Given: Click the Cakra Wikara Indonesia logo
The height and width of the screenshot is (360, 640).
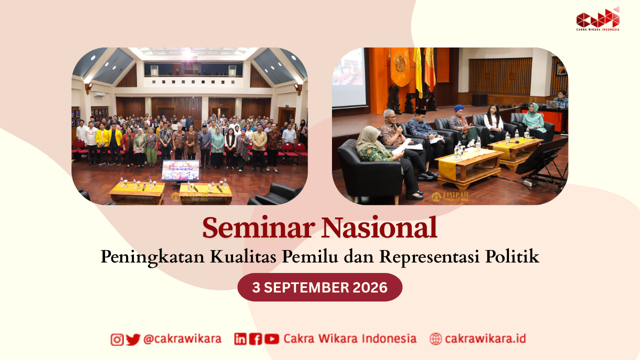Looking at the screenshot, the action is coord(597,19).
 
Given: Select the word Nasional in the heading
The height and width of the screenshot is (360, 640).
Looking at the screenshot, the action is coord(379,227).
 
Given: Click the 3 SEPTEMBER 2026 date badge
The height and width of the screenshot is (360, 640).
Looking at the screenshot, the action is coord(319,287).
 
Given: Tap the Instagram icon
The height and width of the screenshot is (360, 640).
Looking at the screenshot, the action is coord(117,339).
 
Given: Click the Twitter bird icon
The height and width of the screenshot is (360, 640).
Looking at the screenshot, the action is coord(133,339).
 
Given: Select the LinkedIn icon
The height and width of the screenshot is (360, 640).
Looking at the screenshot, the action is coord(240,339).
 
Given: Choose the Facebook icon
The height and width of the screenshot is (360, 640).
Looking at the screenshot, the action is coord(255,339).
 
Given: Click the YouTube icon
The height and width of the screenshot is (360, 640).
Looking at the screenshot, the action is coord(271,339).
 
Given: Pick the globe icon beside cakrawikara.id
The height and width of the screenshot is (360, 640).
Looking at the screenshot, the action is coord(435,339).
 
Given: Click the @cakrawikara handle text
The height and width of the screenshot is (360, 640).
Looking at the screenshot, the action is coord(182,339).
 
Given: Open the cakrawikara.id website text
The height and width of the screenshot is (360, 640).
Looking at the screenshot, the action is coord(485,339).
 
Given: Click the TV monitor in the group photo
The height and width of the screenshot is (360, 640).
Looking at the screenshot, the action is coord(180,170).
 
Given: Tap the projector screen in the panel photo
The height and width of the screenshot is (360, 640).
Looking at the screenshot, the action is coord(349,77).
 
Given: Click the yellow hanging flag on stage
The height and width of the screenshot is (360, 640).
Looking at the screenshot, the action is coord(417,71).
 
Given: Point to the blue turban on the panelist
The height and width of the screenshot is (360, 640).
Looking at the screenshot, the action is coord(459,108).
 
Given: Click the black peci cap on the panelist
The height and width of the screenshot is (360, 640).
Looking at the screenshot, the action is coord(420,111).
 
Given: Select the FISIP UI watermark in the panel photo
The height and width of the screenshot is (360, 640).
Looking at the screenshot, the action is coord(450,197).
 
